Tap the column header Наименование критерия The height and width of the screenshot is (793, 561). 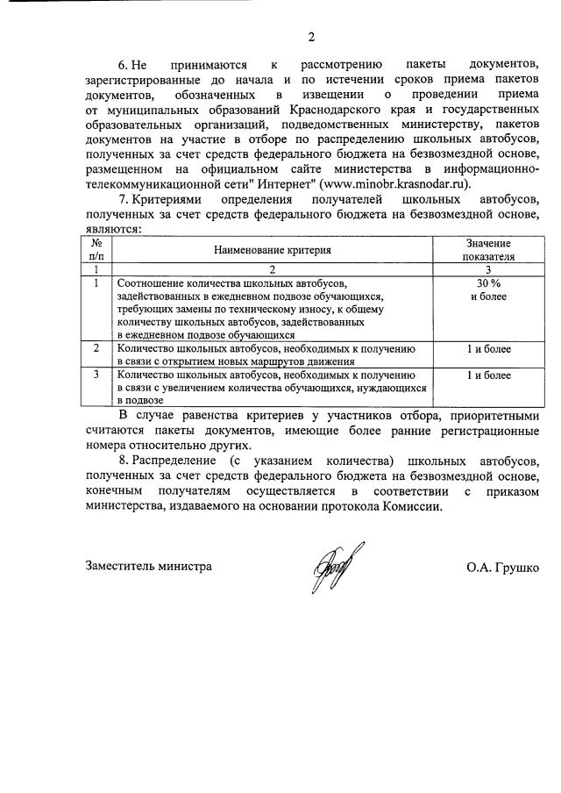[x=273, y=250]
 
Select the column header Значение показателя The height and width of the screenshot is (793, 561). [x=489, y=250]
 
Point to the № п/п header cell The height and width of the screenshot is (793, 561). [x=96, y=250]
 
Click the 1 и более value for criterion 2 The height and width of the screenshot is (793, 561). [x=489, y=348]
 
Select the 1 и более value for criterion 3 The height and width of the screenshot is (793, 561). [x=489, y=375]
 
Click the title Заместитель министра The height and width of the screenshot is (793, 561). [x=149, y=567]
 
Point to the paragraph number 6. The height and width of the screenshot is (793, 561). [x=123, y=66]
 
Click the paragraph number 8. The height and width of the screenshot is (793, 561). [x=123, y=461]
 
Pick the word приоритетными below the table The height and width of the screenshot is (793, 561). [x=489, y=415]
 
